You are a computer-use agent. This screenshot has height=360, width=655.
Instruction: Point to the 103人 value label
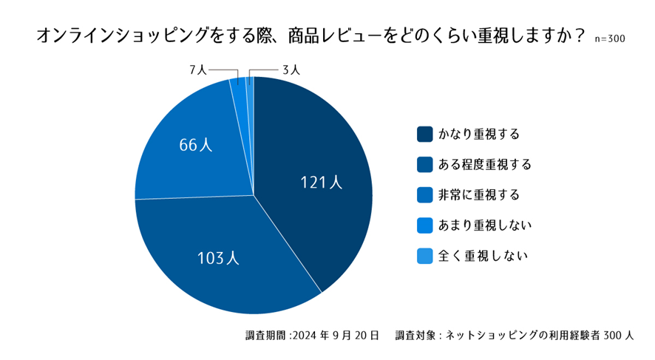point(218,258)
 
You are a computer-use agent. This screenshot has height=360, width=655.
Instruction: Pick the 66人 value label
point(196,145)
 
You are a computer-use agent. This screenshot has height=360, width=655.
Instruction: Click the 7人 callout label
point(197,70)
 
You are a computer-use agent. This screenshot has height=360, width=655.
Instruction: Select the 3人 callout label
point(290,70)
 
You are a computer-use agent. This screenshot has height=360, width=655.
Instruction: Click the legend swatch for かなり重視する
point(424,135)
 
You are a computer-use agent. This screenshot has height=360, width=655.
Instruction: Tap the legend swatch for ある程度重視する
point(424,165)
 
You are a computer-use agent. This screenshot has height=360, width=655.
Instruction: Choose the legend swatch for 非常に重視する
point(424,195)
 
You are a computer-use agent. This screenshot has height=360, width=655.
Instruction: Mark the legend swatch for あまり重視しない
point(424,225)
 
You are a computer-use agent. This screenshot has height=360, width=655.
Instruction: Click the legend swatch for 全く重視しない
point(424,256)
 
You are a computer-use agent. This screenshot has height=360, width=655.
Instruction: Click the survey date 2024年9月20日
point(336,335)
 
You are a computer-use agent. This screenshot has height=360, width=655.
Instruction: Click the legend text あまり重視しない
point(485,225)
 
